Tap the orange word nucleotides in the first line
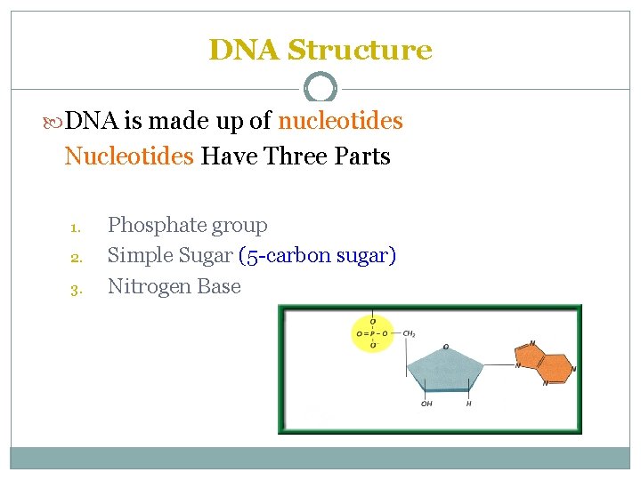[340, 120]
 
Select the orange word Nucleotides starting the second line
[129, 156]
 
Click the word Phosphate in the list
[152, 226]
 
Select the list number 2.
[75, 258]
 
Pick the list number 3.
[75, 288]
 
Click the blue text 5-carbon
[286, 256]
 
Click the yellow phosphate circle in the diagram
[372, 334]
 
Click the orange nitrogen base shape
[543, 364]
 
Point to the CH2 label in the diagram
[410, 334]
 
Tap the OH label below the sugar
[426, 404]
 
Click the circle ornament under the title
[320, 88]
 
